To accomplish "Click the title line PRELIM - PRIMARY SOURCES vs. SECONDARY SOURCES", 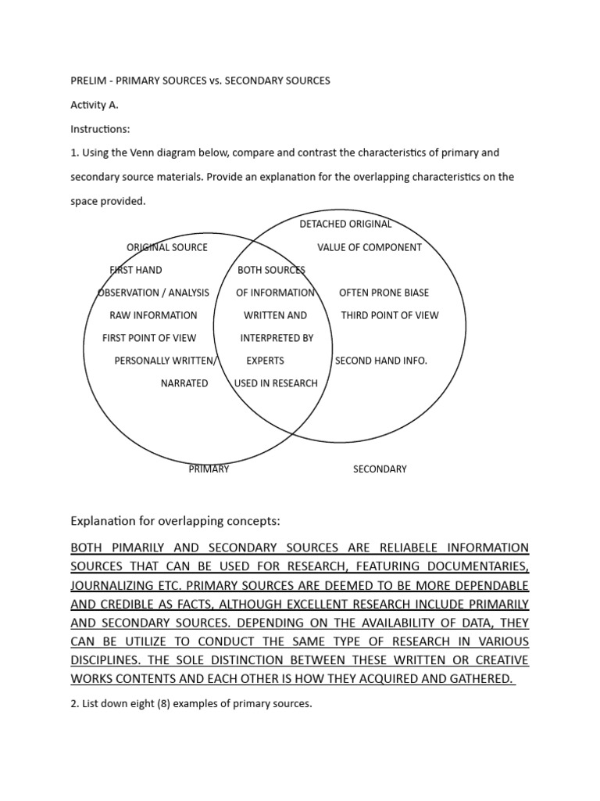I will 201,81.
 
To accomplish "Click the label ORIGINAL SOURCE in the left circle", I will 167,247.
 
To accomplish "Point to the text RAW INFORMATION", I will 153,315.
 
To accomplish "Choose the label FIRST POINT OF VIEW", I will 149,338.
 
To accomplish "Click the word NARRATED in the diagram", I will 184,383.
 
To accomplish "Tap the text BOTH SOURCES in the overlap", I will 271,270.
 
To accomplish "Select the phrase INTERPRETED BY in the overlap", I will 277,338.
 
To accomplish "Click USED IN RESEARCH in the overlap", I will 276,383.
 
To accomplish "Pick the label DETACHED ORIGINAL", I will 345,224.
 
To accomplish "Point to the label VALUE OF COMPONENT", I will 369,247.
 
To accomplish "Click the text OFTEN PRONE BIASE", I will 384,293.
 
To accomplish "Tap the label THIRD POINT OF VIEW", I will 390,315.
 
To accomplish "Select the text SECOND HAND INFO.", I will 381,361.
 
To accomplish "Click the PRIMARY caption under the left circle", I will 209,469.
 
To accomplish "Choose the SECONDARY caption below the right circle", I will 380,469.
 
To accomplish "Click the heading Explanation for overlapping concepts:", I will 175,520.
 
